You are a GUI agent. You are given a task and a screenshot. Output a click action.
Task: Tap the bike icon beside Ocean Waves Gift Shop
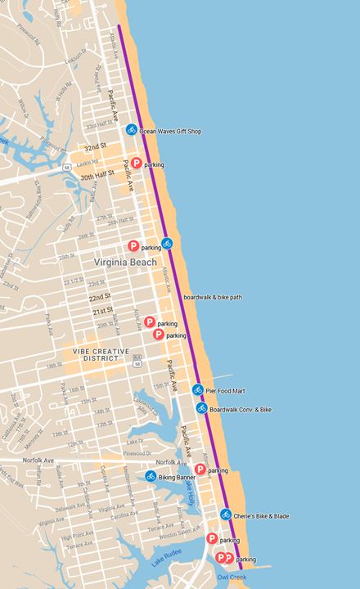132,130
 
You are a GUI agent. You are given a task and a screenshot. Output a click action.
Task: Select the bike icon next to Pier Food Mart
197,390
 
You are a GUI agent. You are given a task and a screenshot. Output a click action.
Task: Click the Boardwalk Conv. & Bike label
240,409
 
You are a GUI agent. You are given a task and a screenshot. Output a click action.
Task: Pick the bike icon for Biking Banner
151,476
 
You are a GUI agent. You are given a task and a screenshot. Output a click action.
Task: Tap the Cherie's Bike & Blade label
261,516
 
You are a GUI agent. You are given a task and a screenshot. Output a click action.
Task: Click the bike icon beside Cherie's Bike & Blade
226,515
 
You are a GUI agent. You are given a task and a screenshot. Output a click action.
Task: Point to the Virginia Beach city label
124,263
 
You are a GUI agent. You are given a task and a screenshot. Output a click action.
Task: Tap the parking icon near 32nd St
137,164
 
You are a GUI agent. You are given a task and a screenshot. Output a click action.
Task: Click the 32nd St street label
97,147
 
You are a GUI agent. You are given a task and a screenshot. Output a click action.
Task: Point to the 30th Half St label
97,174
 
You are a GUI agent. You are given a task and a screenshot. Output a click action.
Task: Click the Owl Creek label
232,578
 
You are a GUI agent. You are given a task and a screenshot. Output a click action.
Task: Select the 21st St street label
102,312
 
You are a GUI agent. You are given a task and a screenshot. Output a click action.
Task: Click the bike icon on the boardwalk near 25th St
167,243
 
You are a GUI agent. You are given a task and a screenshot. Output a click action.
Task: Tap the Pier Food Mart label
226,392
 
